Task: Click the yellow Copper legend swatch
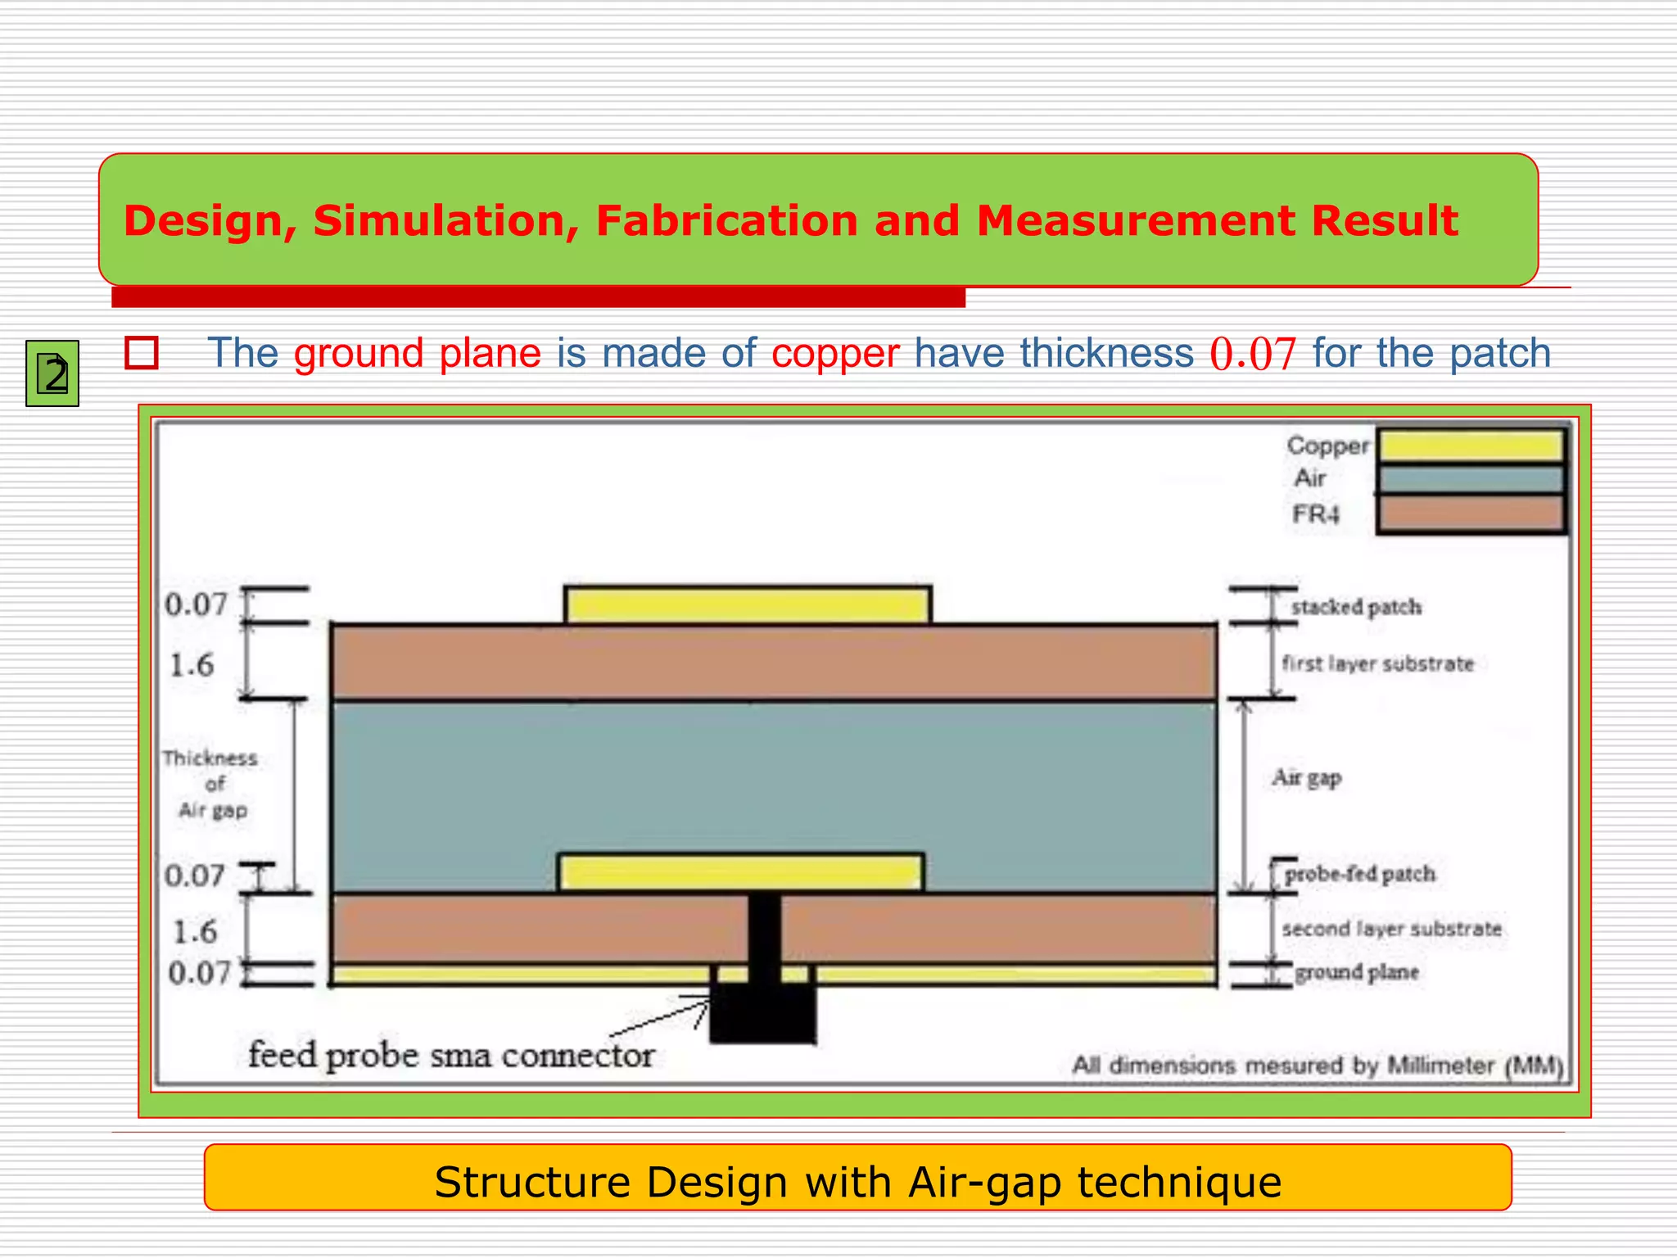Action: click(1471, 446)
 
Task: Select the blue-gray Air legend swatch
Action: click(1471, 479)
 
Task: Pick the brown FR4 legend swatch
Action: click(1471, 514)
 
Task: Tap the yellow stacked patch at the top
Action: click(748, 606)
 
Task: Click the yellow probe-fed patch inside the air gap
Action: click(741, 873)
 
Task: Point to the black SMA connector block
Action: click(762, 1014)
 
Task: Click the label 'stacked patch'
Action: click(1356, 607)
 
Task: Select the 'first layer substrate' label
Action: click(1378, 663)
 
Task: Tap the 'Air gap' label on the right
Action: click(1307, 777)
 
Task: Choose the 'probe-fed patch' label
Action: click(1360, 874)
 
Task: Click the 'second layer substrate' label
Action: click(1392, 929)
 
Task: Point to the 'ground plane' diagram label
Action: click(1357, 972)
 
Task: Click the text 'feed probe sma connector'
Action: click(451, 1055)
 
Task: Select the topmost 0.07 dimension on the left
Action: click(196, 604)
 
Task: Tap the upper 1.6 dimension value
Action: click(192, 665)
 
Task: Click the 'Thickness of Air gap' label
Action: click(211, 784)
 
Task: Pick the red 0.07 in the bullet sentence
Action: click(1253, 354)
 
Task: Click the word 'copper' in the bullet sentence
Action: click(835, 353)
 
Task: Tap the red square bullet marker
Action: click(142, 353)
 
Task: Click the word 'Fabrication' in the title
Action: click(726, 220)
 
